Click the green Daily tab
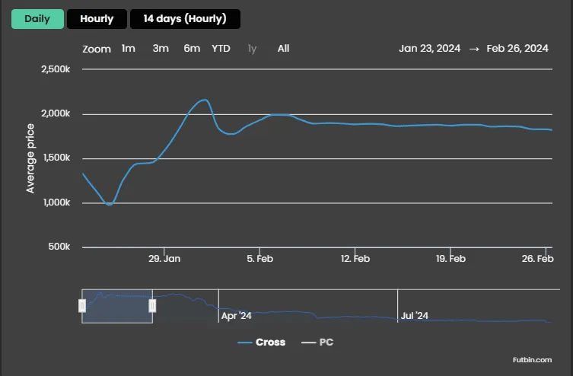coord(37,19)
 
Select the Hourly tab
coord(97,19)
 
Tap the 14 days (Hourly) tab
coord(185,19)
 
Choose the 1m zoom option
coord(129,49)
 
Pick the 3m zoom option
coord(161,49)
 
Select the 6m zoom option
coord(192,49)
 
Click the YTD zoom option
coord(221,49)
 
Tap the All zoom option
coord(284,49)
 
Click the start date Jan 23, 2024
coord(430,49)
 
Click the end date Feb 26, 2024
coord(517,49)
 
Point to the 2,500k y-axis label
coord(56,69)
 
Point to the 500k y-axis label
coord(59,247)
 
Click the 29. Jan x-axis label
coord(164,259)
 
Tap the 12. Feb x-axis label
coord(355,259)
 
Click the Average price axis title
coord(30,158)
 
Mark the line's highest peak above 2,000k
coord(205,100)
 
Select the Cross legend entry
coord(261,343)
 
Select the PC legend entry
coord(317,343)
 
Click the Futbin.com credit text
coord(532,360)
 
